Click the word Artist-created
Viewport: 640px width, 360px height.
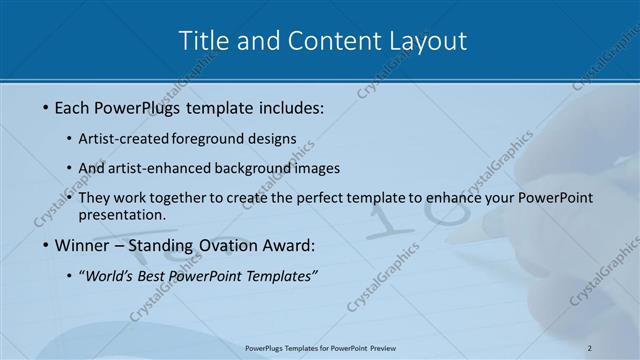click(124, 139)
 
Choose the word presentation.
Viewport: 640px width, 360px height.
click(122, 214)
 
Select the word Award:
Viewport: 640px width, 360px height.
click(289, 245)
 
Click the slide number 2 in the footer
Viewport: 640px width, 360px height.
click(590, 348)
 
